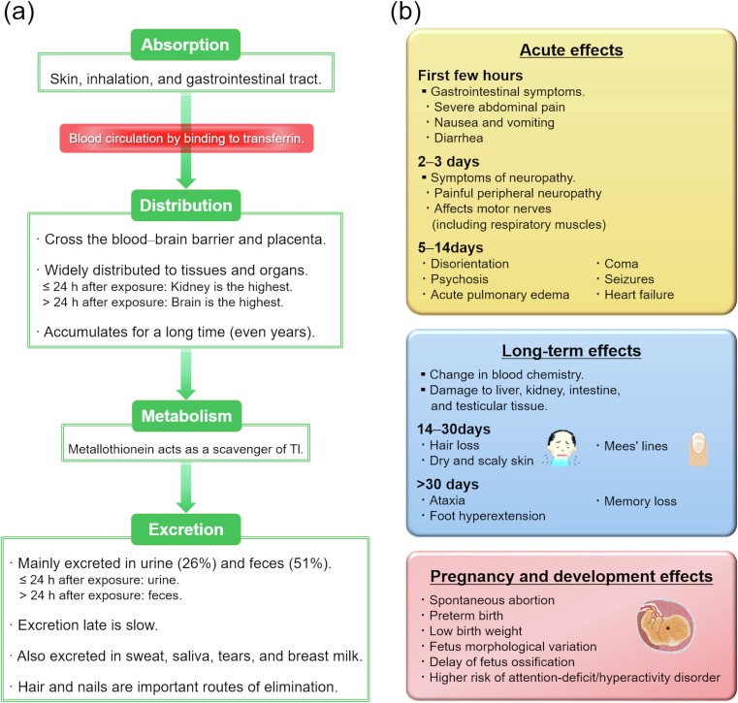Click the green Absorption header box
[185, 45]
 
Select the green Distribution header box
[186, 206]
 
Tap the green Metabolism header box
[186, 416]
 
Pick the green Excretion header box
[186, 529]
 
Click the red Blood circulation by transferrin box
[186, 139]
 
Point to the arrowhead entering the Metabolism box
[186, 394]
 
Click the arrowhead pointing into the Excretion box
[186, 507]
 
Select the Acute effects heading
[571, 50]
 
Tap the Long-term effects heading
[571, 351]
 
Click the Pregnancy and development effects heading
[571, 576]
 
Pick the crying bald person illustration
[562, 448]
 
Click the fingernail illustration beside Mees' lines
[698, 449]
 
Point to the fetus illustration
[665, 625]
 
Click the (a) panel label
[19, 13]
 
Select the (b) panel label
[405, 13]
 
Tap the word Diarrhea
[459, 138]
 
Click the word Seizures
[629, 279]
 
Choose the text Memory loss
[640, 501]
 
